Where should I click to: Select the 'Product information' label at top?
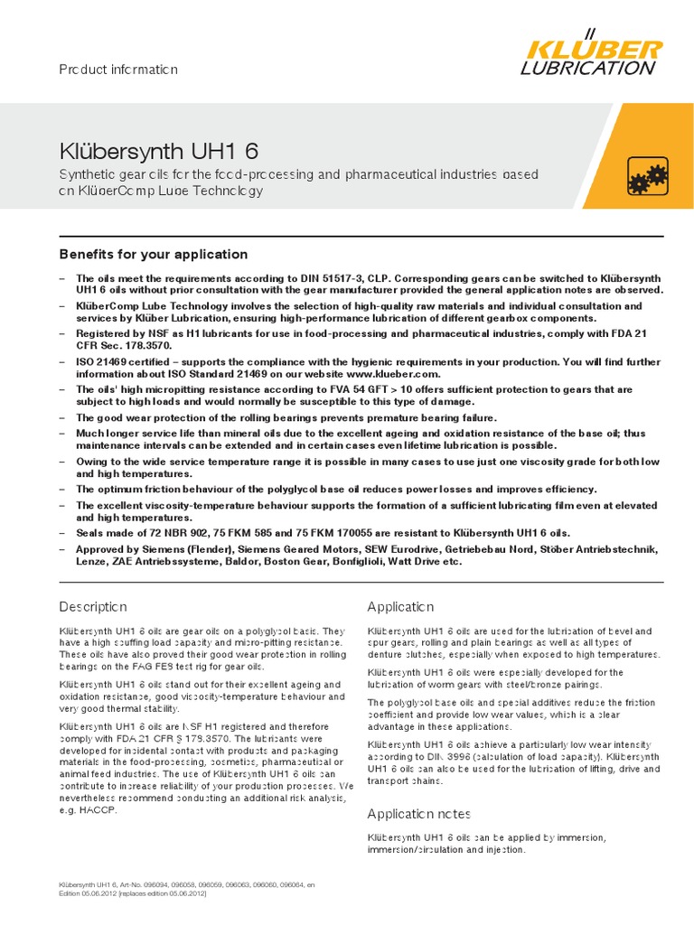click(118, 70)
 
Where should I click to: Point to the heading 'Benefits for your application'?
click(153, 255)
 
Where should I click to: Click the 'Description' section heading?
click(93, 606)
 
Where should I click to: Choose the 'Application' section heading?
click(400, 606)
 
